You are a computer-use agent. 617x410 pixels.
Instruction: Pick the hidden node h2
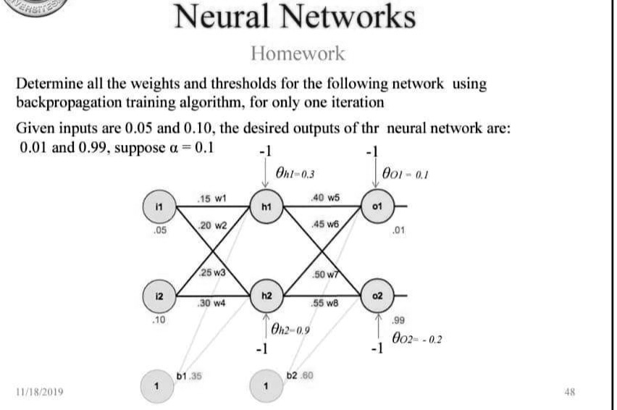266,296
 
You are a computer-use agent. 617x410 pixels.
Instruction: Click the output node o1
376,206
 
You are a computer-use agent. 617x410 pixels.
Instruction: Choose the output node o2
376,296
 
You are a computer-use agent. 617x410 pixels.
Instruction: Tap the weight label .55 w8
323,304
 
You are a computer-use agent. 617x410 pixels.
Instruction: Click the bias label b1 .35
189,375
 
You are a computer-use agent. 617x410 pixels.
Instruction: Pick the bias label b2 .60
299,375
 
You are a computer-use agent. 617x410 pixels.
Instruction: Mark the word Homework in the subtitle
298,53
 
